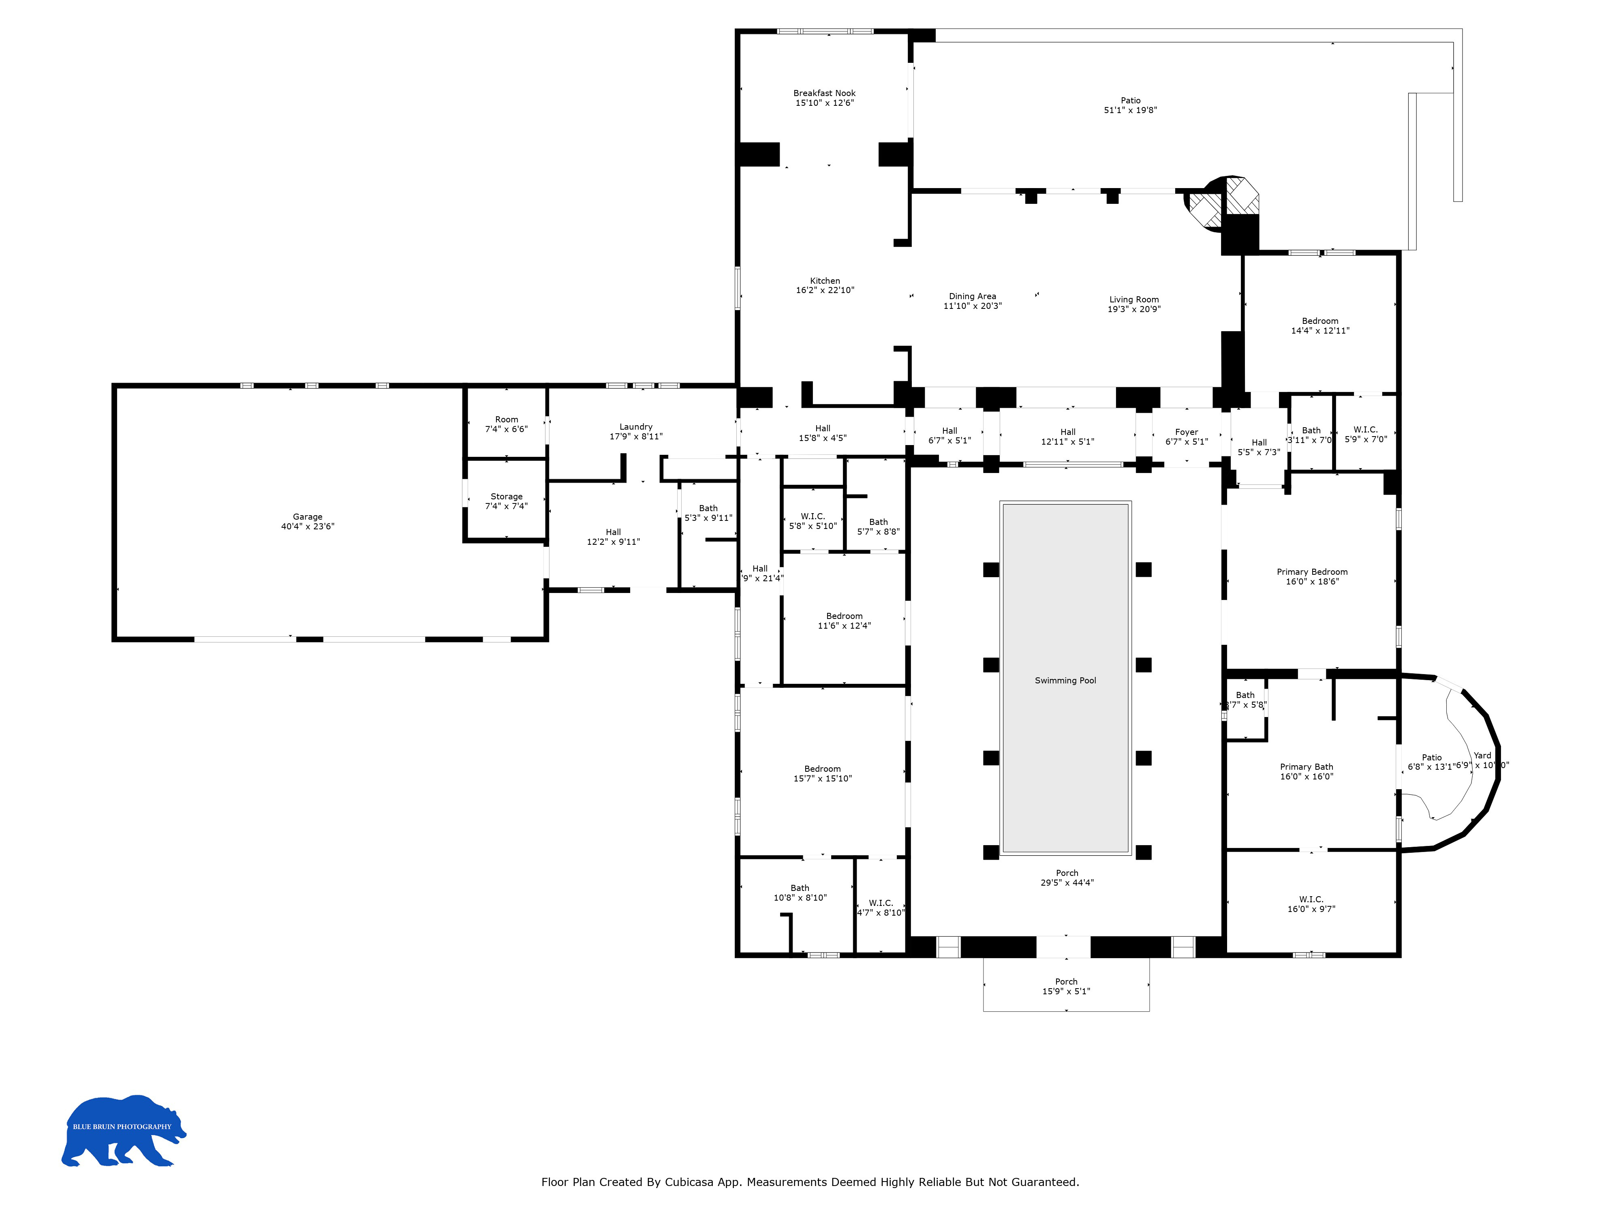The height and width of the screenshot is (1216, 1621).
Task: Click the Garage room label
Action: point(307,517)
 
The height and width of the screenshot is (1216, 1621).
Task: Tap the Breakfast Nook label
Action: point(824,93)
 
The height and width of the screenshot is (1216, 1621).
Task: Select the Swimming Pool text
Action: point(1065,680)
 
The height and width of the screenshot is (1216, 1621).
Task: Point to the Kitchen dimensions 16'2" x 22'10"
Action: point(825,290)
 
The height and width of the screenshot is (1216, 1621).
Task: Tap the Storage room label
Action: point(507,496)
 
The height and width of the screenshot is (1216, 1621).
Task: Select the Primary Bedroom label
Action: point(1312,572)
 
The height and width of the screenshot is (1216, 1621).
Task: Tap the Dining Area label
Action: point(973,296)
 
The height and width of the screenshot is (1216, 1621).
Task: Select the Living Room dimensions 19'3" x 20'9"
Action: point(1133,309)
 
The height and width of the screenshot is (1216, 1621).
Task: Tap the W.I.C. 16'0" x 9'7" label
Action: point(1311,899)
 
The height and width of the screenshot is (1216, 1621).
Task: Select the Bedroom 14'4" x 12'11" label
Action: point(1320,321)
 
